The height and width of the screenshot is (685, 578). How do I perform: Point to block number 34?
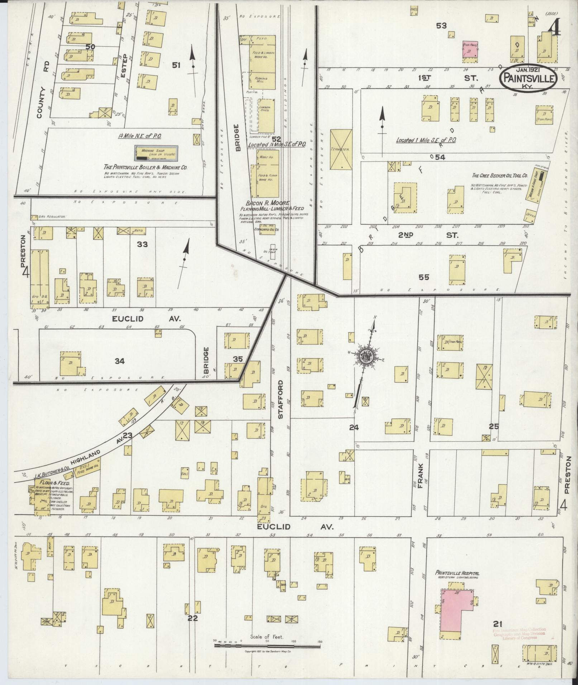pyautogui.click(x=119, y=361)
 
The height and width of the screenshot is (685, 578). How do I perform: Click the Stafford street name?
pyautogui.click(x=280, y=399)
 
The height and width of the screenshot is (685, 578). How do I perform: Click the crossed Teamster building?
pyautogui.click(x=341, y=149)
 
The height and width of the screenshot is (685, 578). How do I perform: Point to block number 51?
pyautogui.click(x=176, y=65)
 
